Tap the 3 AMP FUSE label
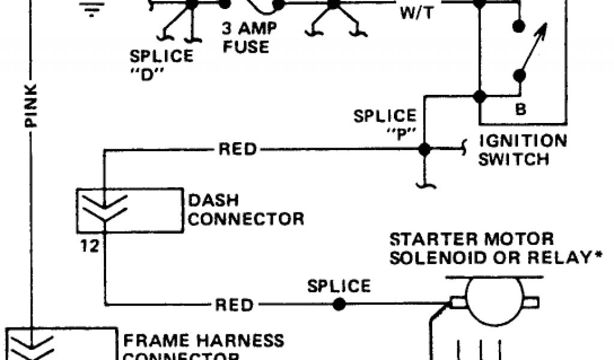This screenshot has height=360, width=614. [246, 37]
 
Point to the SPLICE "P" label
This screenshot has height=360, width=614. [384, 123]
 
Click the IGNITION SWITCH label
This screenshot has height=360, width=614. [522, 150]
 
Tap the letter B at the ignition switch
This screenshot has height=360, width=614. [521, 110]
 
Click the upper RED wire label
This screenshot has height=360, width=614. [238, 149]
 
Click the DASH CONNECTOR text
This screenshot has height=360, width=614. [246, 209]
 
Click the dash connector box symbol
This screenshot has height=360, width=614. [129, 210]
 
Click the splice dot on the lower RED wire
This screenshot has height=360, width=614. [339, 304]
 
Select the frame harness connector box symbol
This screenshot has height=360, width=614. [60, 344]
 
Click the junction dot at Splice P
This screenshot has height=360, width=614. [424, 149]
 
